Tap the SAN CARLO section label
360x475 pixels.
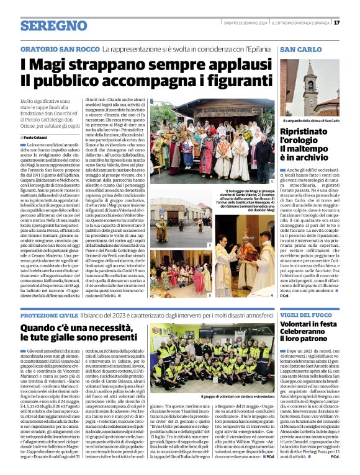[301, 48]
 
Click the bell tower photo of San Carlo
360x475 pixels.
[310, 87]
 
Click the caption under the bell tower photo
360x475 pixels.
[310, 120]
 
